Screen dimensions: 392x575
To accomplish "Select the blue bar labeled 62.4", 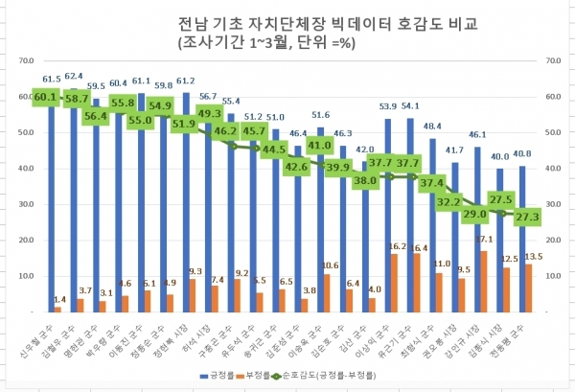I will pyautogui.click(x=73, y=192).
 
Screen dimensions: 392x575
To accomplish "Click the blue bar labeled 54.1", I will pyautogui.click(x=410, y=216).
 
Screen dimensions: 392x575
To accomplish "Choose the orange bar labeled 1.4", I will pyautogui.click(x=57, y=309).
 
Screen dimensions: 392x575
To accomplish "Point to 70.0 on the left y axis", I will pyautogui.click(x=26, y=60).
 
